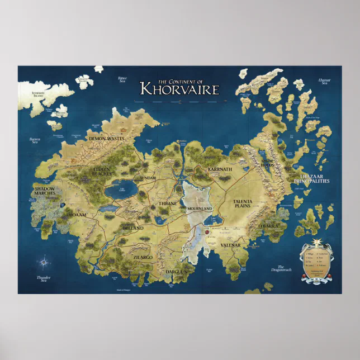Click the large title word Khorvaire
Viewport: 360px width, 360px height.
(x=179, y=89)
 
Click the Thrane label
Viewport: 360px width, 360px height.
(x=167, y=203)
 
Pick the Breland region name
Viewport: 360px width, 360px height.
(x=133, y=228)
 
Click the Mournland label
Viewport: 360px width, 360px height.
(x=200, y=209)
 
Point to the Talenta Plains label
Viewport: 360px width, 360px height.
(x=243, y=203)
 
